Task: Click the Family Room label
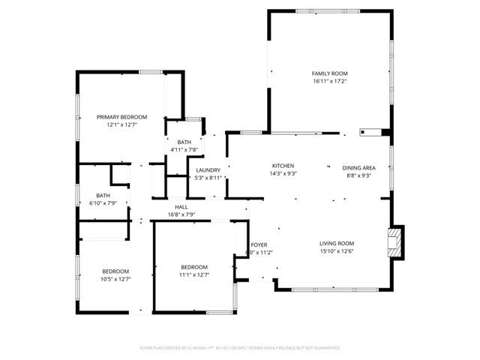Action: (x=330, y=73)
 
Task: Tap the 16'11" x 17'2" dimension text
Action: (x=330, y=81)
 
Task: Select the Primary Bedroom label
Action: (x=121, y=117)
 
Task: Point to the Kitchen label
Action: (x=283, y=166)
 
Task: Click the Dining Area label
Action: (x=358, y=167)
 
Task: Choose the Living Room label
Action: (x=337, y=243)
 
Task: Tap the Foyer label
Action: (x=259, y=244)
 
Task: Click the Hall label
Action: (x=181, y=207)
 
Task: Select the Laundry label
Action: (x=208, y=170)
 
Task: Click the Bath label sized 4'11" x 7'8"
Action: (x=184, y=142)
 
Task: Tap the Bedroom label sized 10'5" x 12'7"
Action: (x=115, y=271)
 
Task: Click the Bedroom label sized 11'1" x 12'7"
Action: (x=194, y=267)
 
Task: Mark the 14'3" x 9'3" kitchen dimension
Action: (x=283, y=174)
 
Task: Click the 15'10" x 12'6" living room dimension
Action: (x=337, y=251)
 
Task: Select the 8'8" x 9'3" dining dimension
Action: (x=358, y=175)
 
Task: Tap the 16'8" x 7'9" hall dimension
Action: (x=181, y=215)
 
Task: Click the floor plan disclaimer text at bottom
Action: (x=240, y=348)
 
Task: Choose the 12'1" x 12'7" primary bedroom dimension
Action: (x=121, y=125)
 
